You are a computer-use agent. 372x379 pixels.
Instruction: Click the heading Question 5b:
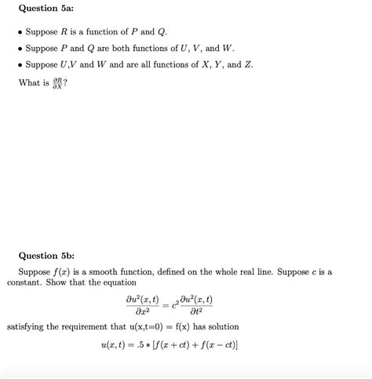point(46,255)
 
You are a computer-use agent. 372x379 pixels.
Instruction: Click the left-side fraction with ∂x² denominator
point(142,305)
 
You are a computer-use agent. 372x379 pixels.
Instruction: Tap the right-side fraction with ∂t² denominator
point(196,305)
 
